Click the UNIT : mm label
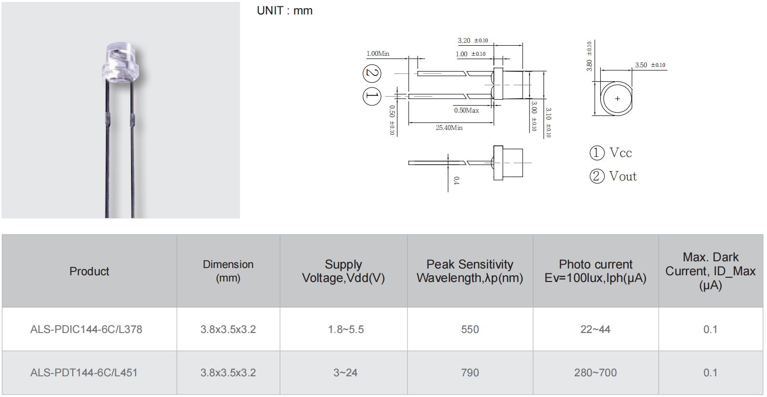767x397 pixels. tap(284, 11)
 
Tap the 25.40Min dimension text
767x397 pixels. tap(449, 128)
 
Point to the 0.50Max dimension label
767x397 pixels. tap(466, 110)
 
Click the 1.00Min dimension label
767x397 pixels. tap(378, 53)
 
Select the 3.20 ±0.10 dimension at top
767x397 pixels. tap(473, 40)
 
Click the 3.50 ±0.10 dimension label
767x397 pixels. tap(649, 65)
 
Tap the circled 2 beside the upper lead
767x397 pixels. tap(372, 73)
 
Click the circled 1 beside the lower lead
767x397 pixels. tap(372, 96)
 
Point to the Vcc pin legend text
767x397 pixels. tap(621, 153)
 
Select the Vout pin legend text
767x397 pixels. tap(622, 177)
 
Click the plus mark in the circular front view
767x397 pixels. tap(617, 99)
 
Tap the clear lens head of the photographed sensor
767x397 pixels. tap(120, 63)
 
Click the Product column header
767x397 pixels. tap(89, 271)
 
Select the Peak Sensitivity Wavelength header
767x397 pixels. tap(470, 271)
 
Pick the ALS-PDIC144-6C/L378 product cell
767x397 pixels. tap(86, 330)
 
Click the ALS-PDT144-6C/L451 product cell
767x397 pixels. tap(84, 373)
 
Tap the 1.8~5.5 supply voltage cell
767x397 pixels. tap(346, 330)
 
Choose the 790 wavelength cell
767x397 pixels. tap(470, 373)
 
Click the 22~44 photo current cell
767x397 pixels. tap(595, 330)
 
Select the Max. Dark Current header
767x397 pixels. tap(710, 271)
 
